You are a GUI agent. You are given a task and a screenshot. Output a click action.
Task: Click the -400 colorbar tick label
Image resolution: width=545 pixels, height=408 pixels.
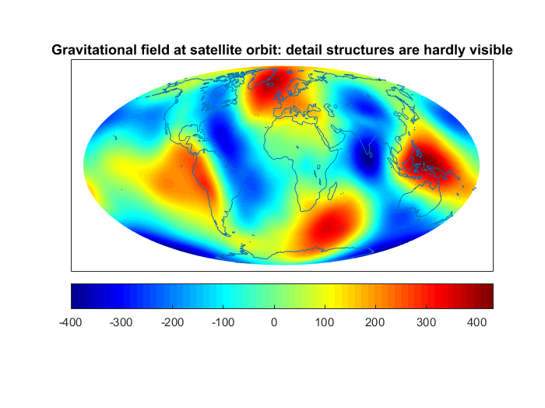[x=71, y=322]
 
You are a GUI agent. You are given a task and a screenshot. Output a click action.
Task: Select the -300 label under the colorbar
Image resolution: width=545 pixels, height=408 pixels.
[x=121, y=322]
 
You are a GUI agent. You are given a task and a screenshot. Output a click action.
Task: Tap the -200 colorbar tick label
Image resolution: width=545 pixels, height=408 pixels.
[x=172, y=322]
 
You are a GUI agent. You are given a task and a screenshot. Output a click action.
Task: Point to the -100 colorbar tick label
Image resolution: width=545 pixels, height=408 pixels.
[x=223, y=322]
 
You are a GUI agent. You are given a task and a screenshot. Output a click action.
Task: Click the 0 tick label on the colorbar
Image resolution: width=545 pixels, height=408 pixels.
[x=274, y=322]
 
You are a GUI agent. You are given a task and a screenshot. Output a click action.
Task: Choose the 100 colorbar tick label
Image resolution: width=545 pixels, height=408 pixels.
[x=325, y=322]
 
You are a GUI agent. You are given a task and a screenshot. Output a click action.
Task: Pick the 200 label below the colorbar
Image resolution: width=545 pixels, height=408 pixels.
[x=374, y=322]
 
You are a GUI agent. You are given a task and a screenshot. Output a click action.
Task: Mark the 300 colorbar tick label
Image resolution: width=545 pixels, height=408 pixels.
[x=426, y=322]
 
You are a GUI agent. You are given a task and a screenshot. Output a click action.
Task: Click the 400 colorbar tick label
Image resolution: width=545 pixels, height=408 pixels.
[x=476, y=322]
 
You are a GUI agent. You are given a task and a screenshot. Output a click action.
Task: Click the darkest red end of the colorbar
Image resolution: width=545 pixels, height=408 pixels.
[x=488, y=296]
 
